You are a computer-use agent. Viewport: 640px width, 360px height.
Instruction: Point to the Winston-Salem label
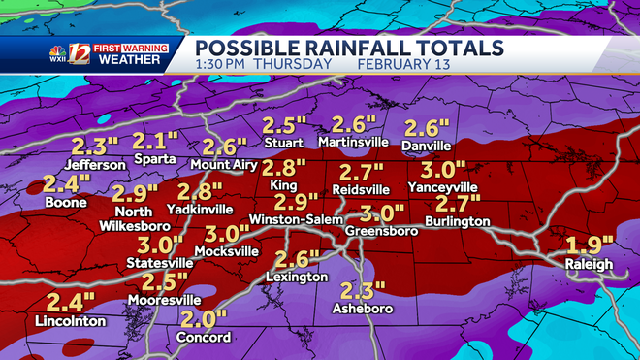tap(297, 220)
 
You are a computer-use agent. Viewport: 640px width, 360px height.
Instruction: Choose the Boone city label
tap(64, 203)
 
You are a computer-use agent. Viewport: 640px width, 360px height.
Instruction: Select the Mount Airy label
tap(224, 165)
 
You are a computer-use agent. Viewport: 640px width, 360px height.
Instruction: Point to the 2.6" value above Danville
tap(428, 128)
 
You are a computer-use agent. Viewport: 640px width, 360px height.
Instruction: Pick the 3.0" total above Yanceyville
tap(443, 169)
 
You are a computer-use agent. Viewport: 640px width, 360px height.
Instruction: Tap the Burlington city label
tap(458, 222)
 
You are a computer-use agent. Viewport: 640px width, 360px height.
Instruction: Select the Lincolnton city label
tap(71, 320)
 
